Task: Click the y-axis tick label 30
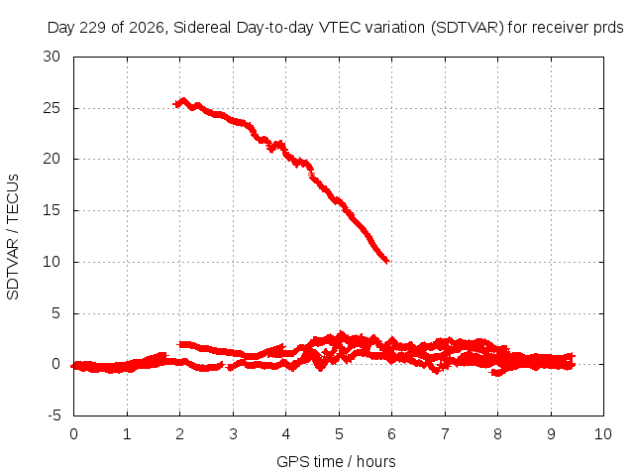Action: tap(52, 57)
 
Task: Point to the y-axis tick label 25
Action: tap(52, 108)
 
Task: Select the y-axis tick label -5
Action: tap(54, 416)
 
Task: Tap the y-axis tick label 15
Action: tap(52, 210)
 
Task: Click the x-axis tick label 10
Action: tap(603, 434)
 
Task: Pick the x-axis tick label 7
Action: tap(445, 434)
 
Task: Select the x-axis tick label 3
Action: tap(233, 434)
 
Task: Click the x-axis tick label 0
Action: tap(73, 434)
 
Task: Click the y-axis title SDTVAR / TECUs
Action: tap(13, 237)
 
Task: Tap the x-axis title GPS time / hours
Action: tap(336, 461)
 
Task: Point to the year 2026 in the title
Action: tap(147, 28)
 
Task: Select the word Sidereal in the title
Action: tap(202, 28)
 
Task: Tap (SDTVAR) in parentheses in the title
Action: tap(467, 28)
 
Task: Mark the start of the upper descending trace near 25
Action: tap(175, 104)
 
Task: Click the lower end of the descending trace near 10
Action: tap(387, 261)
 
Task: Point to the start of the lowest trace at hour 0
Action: tap(73, 366)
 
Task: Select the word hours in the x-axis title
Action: tap(376, 461)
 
